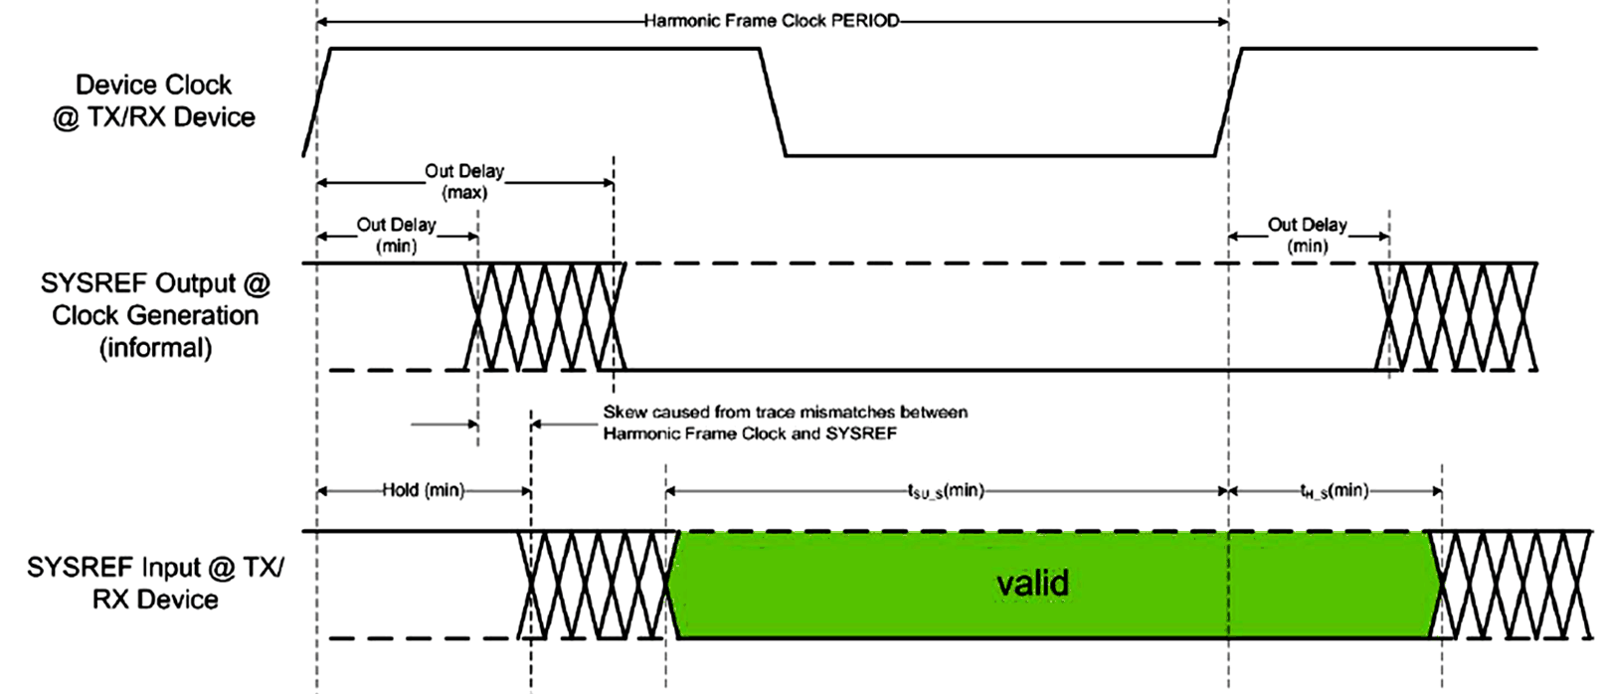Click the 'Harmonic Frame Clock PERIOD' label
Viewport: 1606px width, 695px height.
coord(771,21)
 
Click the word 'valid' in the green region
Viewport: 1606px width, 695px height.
coord(1032,583)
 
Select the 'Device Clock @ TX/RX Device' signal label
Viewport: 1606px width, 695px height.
coord(154,100)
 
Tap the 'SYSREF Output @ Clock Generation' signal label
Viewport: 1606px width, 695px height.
coord(155,299)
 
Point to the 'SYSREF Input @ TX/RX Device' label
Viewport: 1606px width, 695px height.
coord(155,583)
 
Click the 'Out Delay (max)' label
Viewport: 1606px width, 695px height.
coord(464,181)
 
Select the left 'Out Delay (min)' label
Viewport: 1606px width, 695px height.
coord(396,235)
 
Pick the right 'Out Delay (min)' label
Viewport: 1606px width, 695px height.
coord(1307,235)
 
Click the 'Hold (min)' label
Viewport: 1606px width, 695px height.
coord(423,490)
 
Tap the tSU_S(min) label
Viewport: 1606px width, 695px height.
coord(945,490)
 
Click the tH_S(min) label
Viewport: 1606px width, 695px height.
coord(1334,490)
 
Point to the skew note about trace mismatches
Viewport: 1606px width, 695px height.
coord(785,423)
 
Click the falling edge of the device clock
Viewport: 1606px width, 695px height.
coord(773,101)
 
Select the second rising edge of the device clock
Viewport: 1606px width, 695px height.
coord(1228,101)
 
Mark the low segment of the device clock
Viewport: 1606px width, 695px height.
coord(999,155)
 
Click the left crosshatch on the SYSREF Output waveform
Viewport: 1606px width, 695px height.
coord(545,316)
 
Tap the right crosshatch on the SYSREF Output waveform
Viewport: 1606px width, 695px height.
coord(1455,316)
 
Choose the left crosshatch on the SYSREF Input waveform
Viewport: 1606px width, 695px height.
coord(594,585)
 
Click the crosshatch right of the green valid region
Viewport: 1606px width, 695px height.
coord(1511,585)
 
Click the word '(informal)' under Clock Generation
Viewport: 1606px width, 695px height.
coord(155,348)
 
